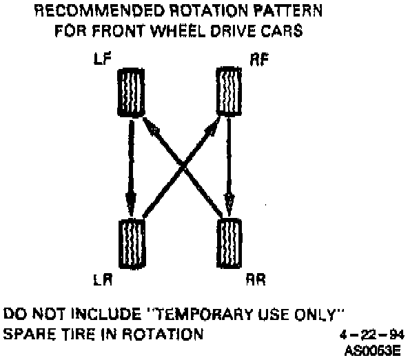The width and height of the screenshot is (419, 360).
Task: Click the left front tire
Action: coord(130,90)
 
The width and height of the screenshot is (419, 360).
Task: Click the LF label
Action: coord(100,61)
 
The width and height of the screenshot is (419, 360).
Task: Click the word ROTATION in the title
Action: coord(200,12)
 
